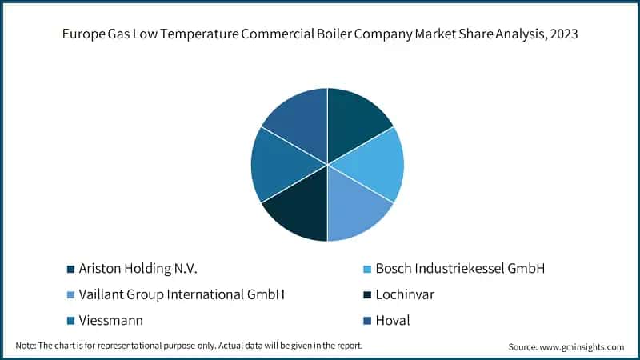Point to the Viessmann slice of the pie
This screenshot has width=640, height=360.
point(282,164)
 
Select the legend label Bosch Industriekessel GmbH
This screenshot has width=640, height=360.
point(460,269)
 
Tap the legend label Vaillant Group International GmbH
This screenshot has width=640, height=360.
point(182,294)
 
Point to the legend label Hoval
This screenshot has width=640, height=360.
point(393,320)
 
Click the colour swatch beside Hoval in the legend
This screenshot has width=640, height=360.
point(366,321)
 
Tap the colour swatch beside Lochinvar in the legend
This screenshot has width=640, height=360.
point(366,295)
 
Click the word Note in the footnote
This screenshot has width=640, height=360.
point(26,346)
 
